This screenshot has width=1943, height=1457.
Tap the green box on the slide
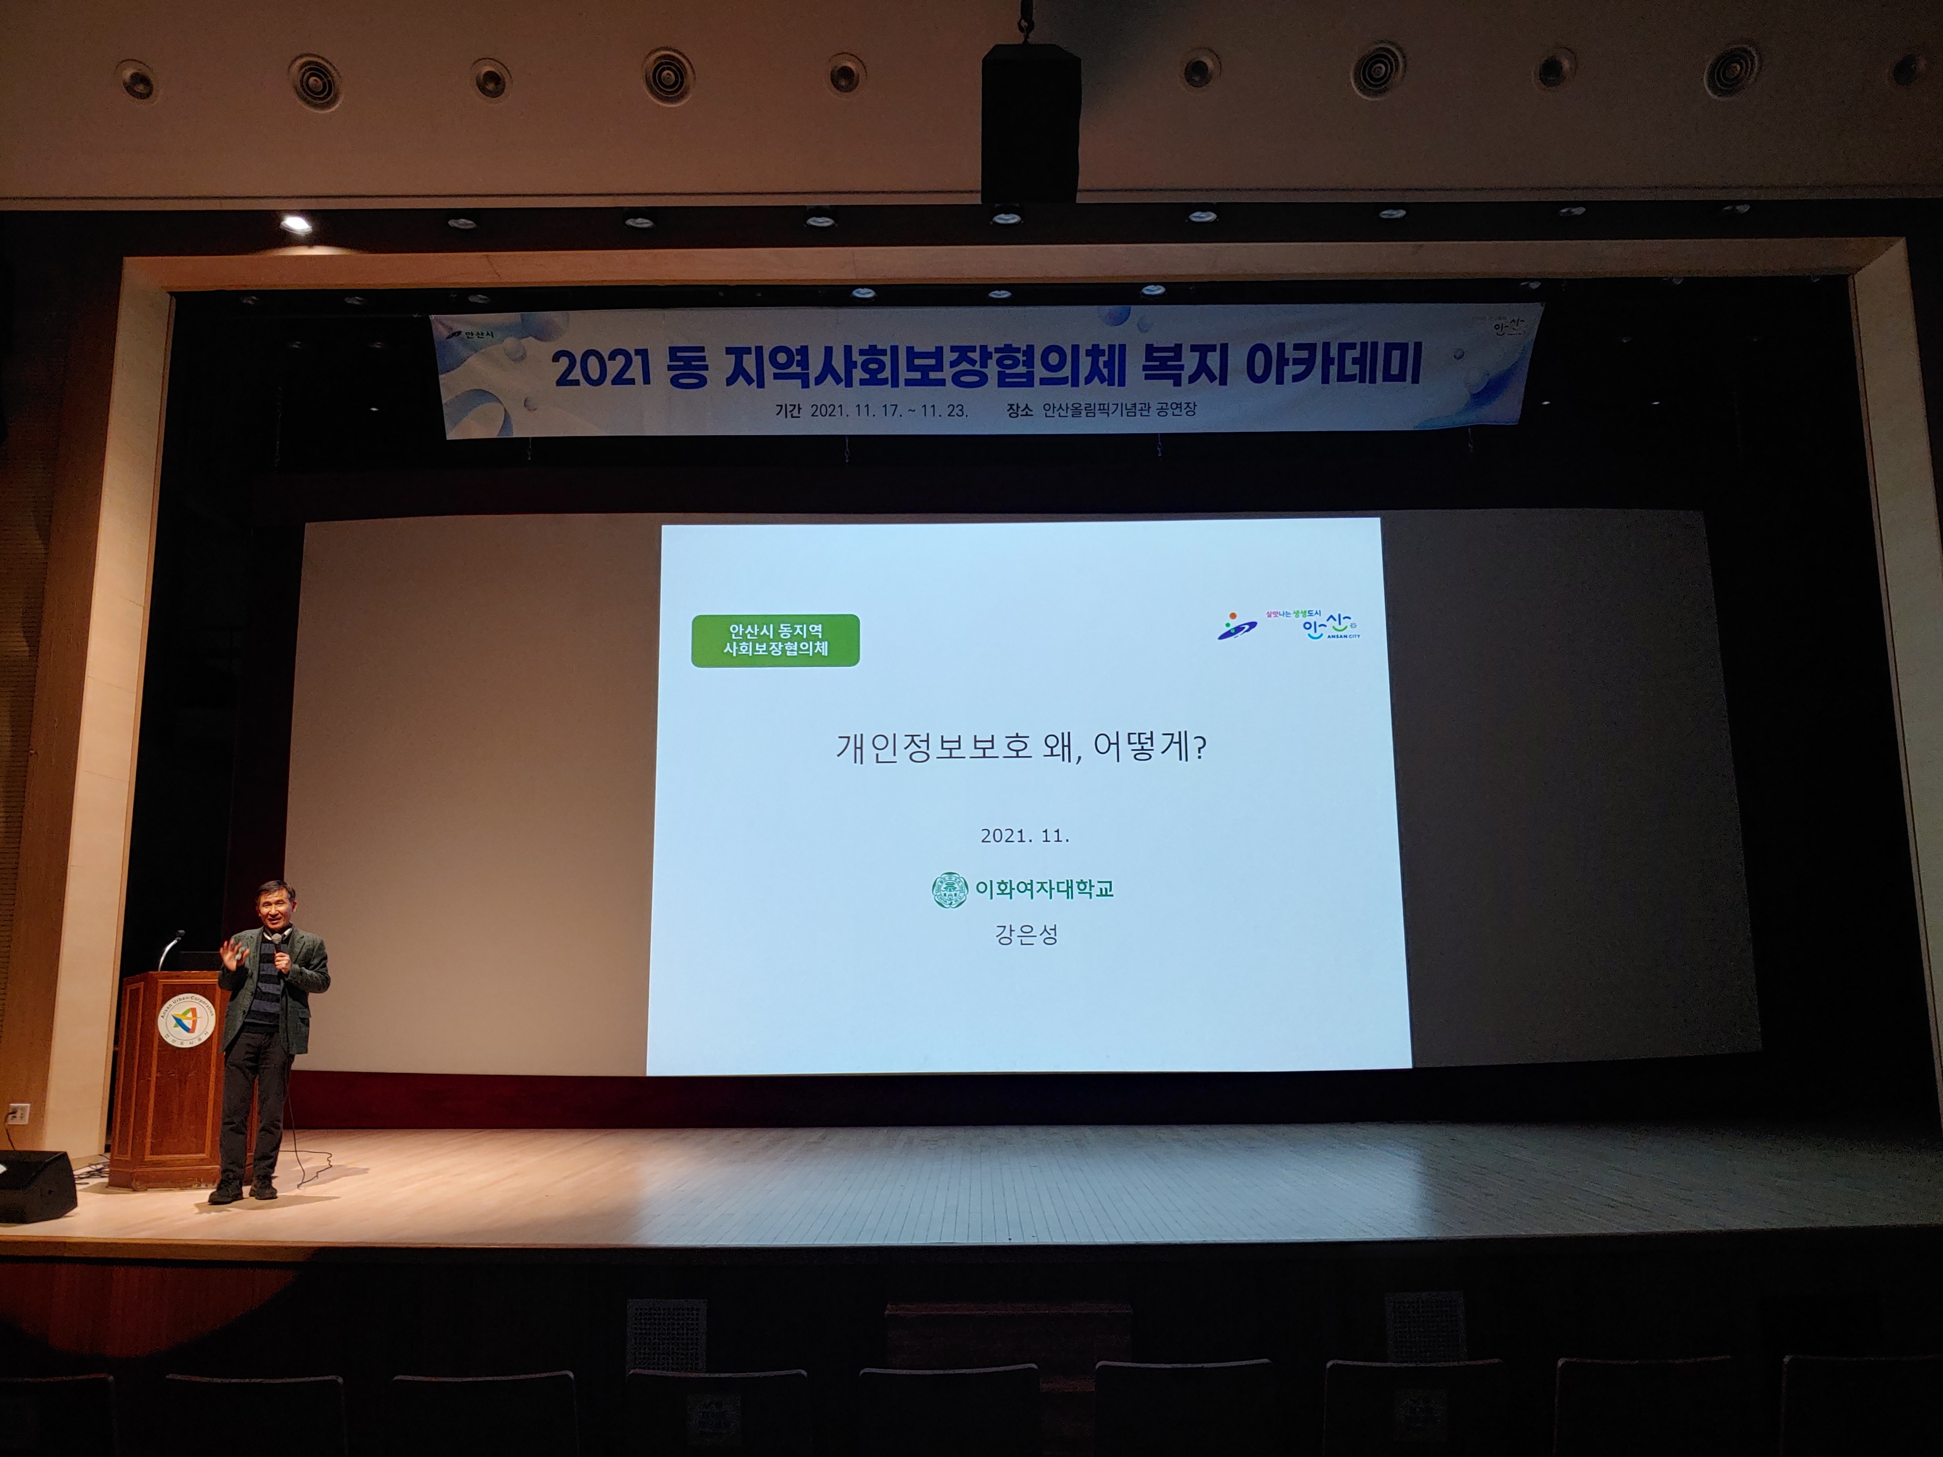pos(775,640)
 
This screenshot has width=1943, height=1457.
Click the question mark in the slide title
pos(1201,747)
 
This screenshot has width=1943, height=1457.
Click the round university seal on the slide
pos(949,889)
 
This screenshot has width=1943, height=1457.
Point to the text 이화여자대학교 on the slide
pos(1044,889)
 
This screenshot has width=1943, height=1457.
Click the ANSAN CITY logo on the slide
pos(1330,626)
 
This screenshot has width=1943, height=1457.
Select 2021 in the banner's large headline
pos(602,369)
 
